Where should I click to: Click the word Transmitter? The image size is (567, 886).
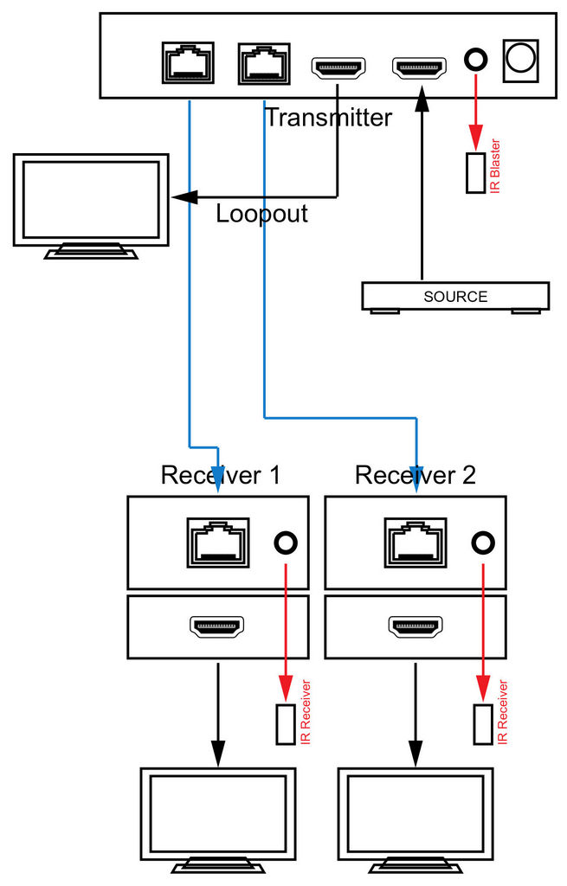(328, 117)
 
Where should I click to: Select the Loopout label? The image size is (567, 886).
(261, 213)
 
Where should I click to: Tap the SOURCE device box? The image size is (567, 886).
(455, 297)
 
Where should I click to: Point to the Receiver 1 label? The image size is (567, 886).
(221, 475)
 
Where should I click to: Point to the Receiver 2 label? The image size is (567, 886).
(416, 475)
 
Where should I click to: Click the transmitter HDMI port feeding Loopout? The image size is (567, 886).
(338, 67)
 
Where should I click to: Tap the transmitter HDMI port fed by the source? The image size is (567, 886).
(420, 67)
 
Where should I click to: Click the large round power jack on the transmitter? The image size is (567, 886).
(520, 59)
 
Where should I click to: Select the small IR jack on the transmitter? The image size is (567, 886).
(475, 59)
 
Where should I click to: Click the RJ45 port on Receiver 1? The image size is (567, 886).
(218, 542)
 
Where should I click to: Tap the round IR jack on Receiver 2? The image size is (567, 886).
(483, 543)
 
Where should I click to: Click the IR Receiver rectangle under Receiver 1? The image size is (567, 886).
(286, 724)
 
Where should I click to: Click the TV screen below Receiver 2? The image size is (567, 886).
(416, 813)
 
